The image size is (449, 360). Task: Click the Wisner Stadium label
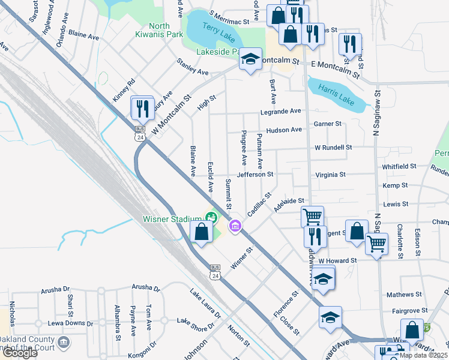pos(172,219)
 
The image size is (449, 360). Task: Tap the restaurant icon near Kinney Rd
pos(142,107)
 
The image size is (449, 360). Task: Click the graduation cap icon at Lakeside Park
pos(250,59)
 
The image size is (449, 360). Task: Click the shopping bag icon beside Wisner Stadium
pos(202,232)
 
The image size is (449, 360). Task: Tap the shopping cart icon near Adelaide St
pos(312,216)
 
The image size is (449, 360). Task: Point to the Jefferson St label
pos(255,175)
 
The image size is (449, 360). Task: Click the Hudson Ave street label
pos(284,130)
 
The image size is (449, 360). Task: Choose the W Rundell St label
pos(333,147)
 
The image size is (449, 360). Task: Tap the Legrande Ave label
pos(280,112)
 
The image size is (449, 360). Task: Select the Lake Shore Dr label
pos(195,324)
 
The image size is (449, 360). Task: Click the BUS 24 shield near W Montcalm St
pos(140,133)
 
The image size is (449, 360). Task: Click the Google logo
pos(20,353)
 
